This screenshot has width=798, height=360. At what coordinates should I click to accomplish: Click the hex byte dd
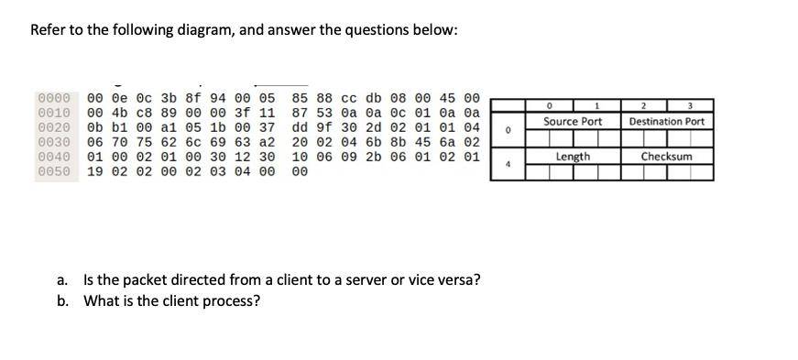coord(300,127)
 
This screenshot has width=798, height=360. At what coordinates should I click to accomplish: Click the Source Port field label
coord(573,122)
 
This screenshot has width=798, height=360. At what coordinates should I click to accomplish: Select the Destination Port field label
coord(667,122)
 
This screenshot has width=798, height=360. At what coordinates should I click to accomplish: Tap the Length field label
coord(573,157)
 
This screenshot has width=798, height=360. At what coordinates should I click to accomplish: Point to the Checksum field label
coord(667,157)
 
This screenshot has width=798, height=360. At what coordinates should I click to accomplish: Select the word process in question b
coord(235,300)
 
